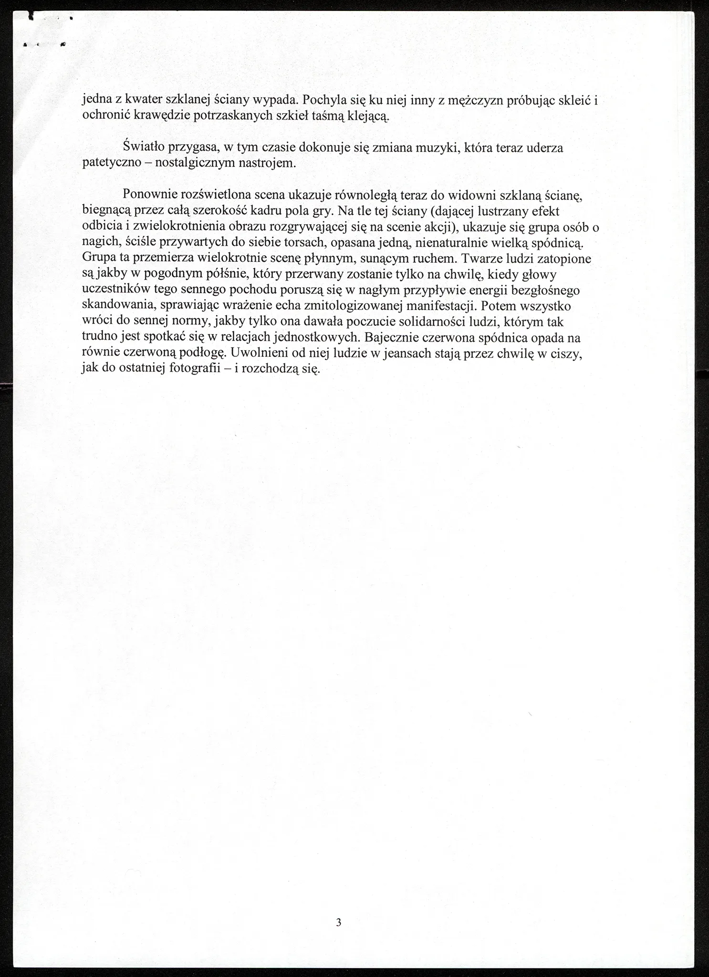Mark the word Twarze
click(x=479, y=259)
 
